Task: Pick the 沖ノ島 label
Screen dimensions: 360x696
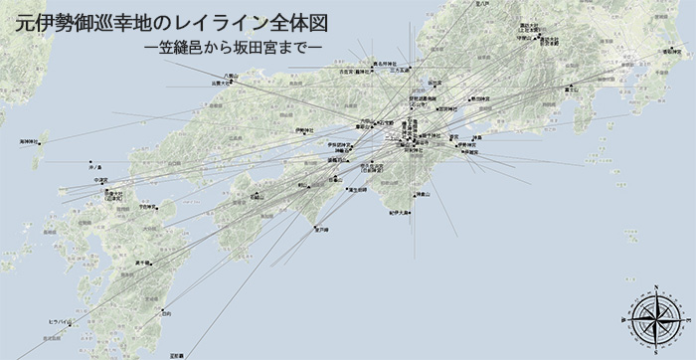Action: click(94, 165)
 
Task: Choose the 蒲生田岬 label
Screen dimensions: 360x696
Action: click(352, 189)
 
